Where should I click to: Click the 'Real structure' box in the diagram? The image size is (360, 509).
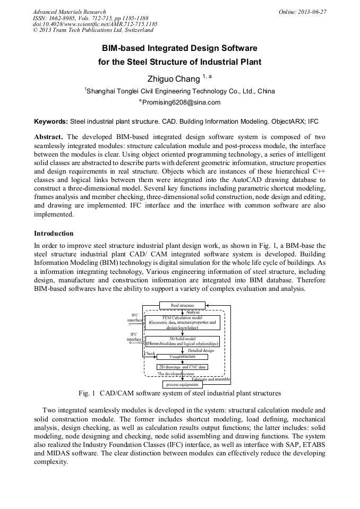click(x=182, y=305)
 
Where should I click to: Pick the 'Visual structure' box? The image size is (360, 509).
click(x=182, y=357)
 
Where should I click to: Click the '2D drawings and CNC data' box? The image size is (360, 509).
click(x=182, y=367)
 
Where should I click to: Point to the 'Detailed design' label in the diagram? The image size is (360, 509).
click(x=201, y=350)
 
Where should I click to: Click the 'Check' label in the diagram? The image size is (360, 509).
click(x=150, y=353)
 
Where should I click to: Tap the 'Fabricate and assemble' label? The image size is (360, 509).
click(x=211, y=379)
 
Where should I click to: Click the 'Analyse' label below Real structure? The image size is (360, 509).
click(x=193, y=312)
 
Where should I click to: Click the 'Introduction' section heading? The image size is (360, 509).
click(x=54, y=233)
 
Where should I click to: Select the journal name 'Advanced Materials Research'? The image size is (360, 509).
click(x=69, y=12)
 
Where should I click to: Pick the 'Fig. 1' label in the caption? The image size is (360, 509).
click(x=87, y=393)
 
